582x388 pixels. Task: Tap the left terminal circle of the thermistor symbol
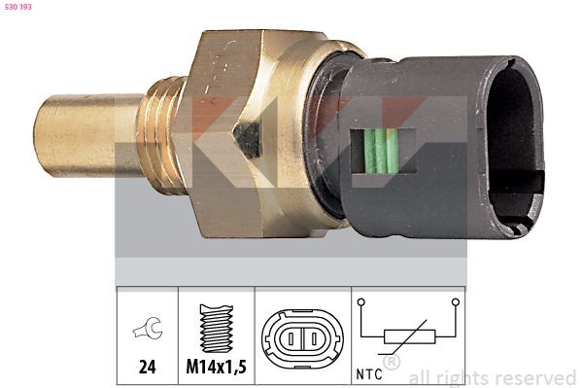tap(362, 303)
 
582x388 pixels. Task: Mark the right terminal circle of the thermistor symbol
tap(454, 303)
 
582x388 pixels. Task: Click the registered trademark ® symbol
tap(392, 362)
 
